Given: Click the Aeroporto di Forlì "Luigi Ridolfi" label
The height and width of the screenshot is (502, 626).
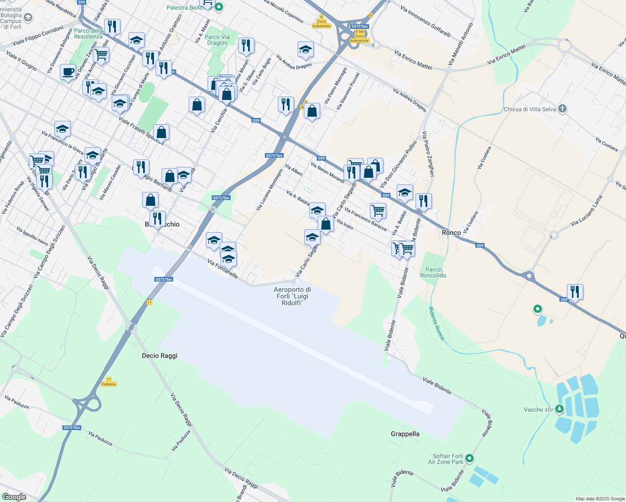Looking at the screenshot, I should (x=292, y=296).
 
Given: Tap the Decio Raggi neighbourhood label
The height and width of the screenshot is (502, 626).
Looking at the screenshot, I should (x=159, y=356).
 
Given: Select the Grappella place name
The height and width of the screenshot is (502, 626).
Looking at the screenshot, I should (x=405, y=434).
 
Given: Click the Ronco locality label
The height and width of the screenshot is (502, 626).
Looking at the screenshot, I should (x=451, y=233).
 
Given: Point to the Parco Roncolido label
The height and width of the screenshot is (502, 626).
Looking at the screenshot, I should (x=433, y=272).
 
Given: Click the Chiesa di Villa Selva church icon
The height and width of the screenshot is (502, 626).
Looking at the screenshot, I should (x=562, y=109).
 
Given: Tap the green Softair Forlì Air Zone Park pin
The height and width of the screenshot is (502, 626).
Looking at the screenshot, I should (x=469, y=458).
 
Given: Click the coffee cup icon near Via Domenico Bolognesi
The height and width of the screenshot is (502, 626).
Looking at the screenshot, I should (x=68, y=72).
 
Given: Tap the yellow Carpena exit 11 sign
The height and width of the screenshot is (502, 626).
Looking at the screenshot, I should (x=109, y=382).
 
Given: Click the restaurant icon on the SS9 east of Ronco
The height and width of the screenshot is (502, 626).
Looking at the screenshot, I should (x=575, y=292).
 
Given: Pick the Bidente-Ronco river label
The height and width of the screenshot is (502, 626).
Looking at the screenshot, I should (x=436, y=323).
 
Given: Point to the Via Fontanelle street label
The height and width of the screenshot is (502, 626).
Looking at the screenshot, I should (x=223, y=269).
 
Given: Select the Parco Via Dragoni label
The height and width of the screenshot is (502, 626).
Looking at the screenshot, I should (x=217, y=40).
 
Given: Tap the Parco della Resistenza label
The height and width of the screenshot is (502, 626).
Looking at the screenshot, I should (x=88, y=33).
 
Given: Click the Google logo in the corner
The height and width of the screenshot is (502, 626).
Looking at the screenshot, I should (x=14, y=497).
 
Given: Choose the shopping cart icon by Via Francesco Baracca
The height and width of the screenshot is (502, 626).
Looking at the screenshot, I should (x=377, y=210).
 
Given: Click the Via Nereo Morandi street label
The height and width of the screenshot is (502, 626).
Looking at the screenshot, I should (x=327, y=172).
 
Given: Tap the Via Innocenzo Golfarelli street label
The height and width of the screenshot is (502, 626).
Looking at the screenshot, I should (x=425, y=21).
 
